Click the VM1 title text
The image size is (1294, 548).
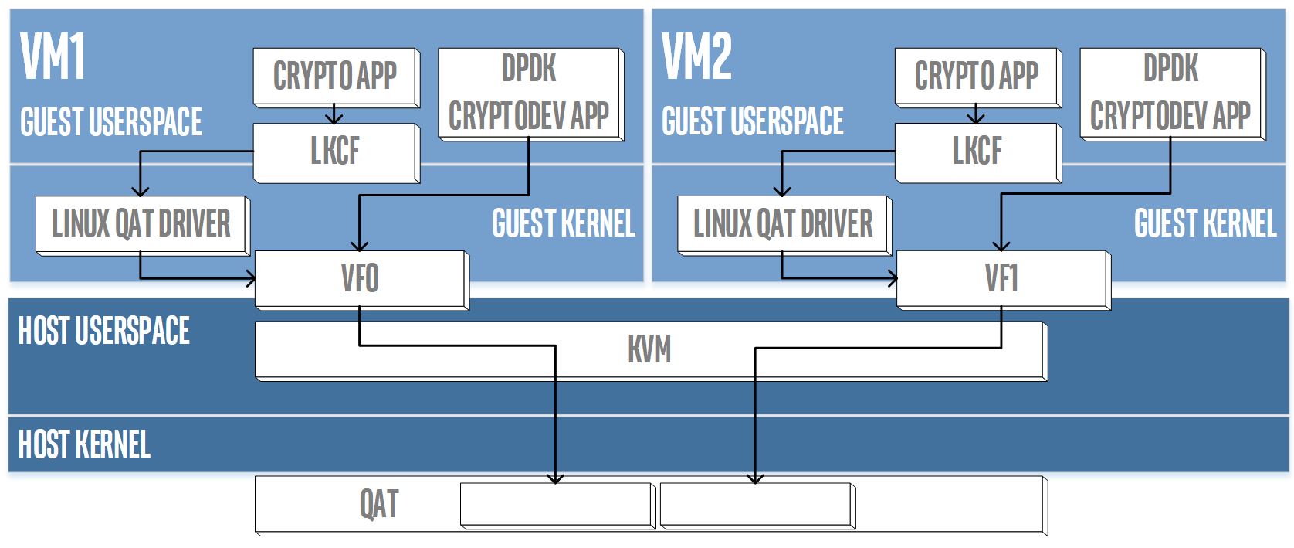click(53, 57)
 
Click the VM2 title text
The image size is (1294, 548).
click(696, 57)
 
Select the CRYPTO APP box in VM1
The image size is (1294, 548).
click(335, 76)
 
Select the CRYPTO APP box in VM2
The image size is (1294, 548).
click(977, 76)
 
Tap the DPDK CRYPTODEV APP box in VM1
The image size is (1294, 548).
click(529, 93)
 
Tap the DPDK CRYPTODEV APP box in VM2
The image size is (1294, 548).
click(1170, 93)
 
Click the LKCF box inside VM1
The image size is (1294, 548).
click(335, 151)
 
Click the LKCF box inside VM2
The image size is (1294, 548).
click(977, 151)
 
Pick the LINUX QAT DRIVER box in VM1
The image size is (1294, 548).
click(141, 224)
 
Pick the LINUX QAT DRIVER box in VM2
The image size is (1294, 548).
click(783, 224)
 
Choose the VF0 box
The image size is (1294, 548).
click(360, 278)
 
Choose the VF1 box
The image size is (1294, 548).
click(1001, 278)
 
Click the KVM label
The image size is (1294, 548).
click(649, 349)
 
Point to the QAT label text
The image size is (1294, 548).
click(379, 505)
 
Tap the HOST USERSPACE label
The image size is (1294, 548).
click(103, 331)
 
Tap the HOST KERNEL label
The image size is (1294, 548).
click(84, 444)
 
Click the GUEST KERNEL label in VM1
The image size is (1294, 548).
click(564, 224)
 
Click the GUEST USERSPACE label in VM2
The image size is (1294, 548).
click(753, 122)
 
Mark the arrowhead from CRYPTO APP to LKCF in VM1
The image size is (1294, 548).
click(334, 118)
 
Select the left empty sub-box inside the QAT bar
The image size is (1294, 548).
click(557, 506)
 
